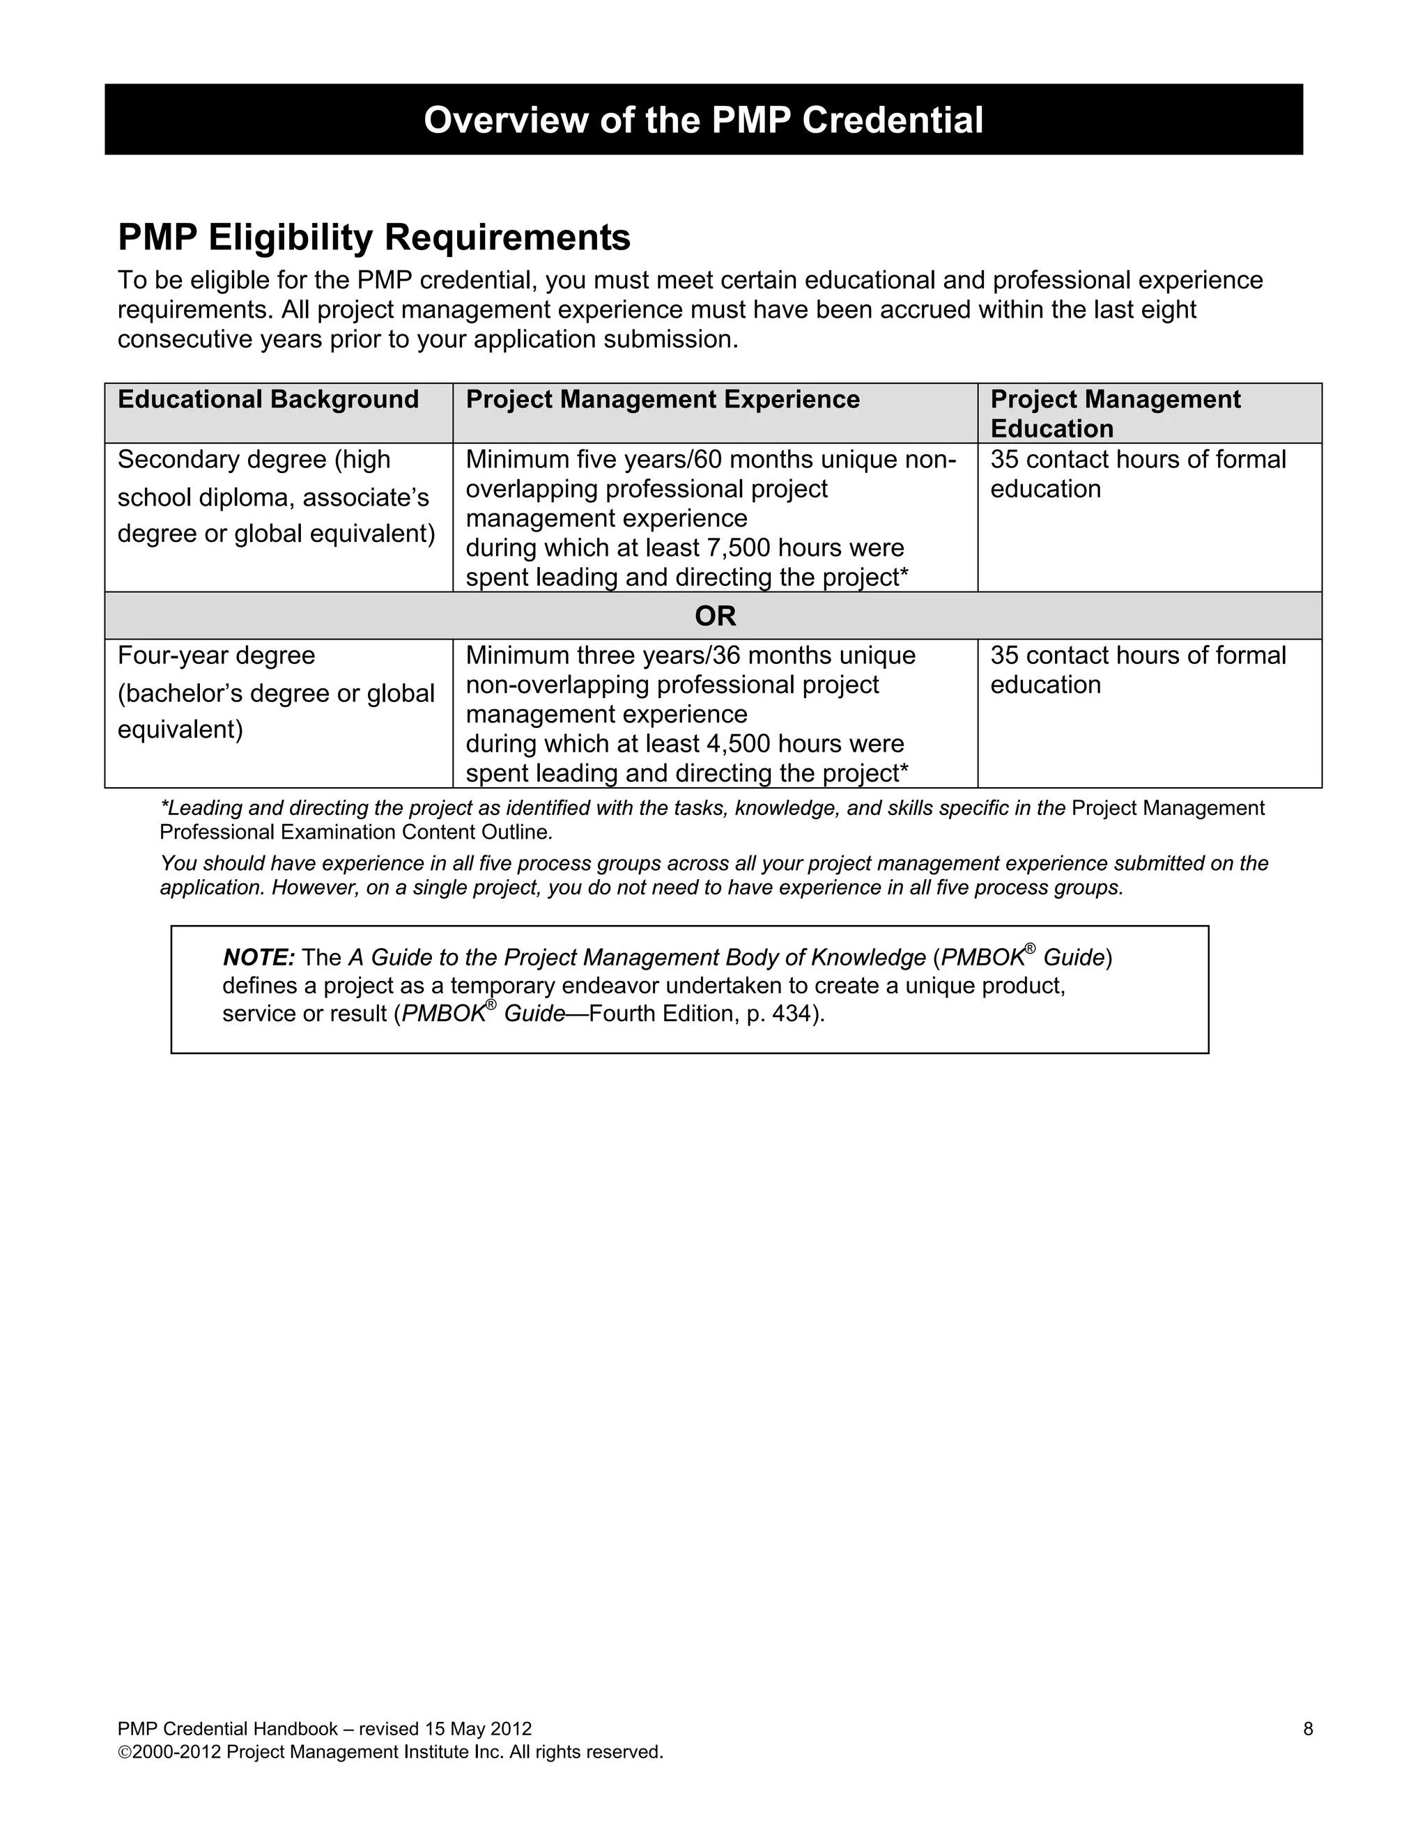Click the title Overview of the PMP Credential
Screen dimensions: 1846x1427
point(702,120)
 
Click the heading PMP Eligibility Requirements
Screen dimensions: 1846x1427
point(373,238)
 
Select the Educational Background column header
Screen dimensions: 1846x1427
point(268,400)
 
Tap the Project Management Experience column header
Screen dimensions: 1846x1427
point(663,400)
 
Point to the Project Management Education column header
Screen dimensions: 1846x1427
point(1115,413)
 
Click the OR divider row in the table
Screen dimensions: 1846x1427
point(714,616)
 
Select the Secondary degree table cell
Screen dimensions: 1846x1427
point(276,496)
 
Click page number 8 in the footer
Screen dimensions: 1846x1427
point(1308,1728)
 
